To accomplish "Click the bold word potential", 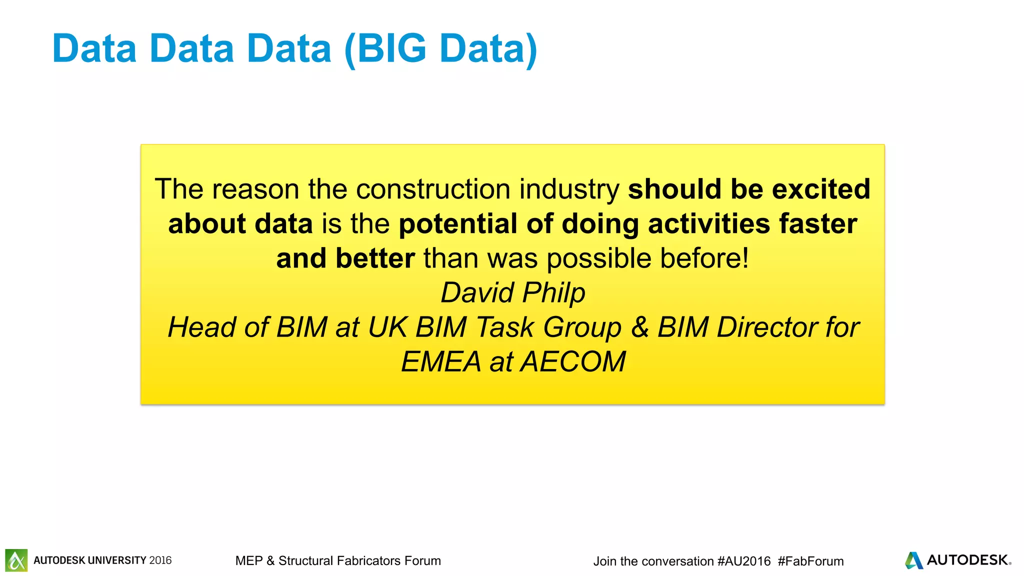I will coord(457,223).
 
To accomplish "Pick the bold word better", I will coord(375,258).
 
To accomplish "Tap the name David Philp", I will coord(512,292).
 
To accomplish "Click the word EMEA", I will coord(440,361).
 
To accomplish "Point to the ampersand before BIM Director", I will coord(639,327).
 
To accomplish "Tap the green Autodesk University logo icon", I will coord(16,560).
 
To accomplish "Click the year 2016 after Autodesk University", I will coord(160,560).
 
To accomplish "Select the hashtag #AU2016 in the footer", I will coord(743,561).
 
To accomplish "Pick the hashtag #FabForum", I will coord(810,561).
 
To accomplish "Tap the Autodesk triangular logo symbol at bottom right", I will coord(913,560).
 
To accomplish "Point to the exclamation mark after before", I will coord(745,258).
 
